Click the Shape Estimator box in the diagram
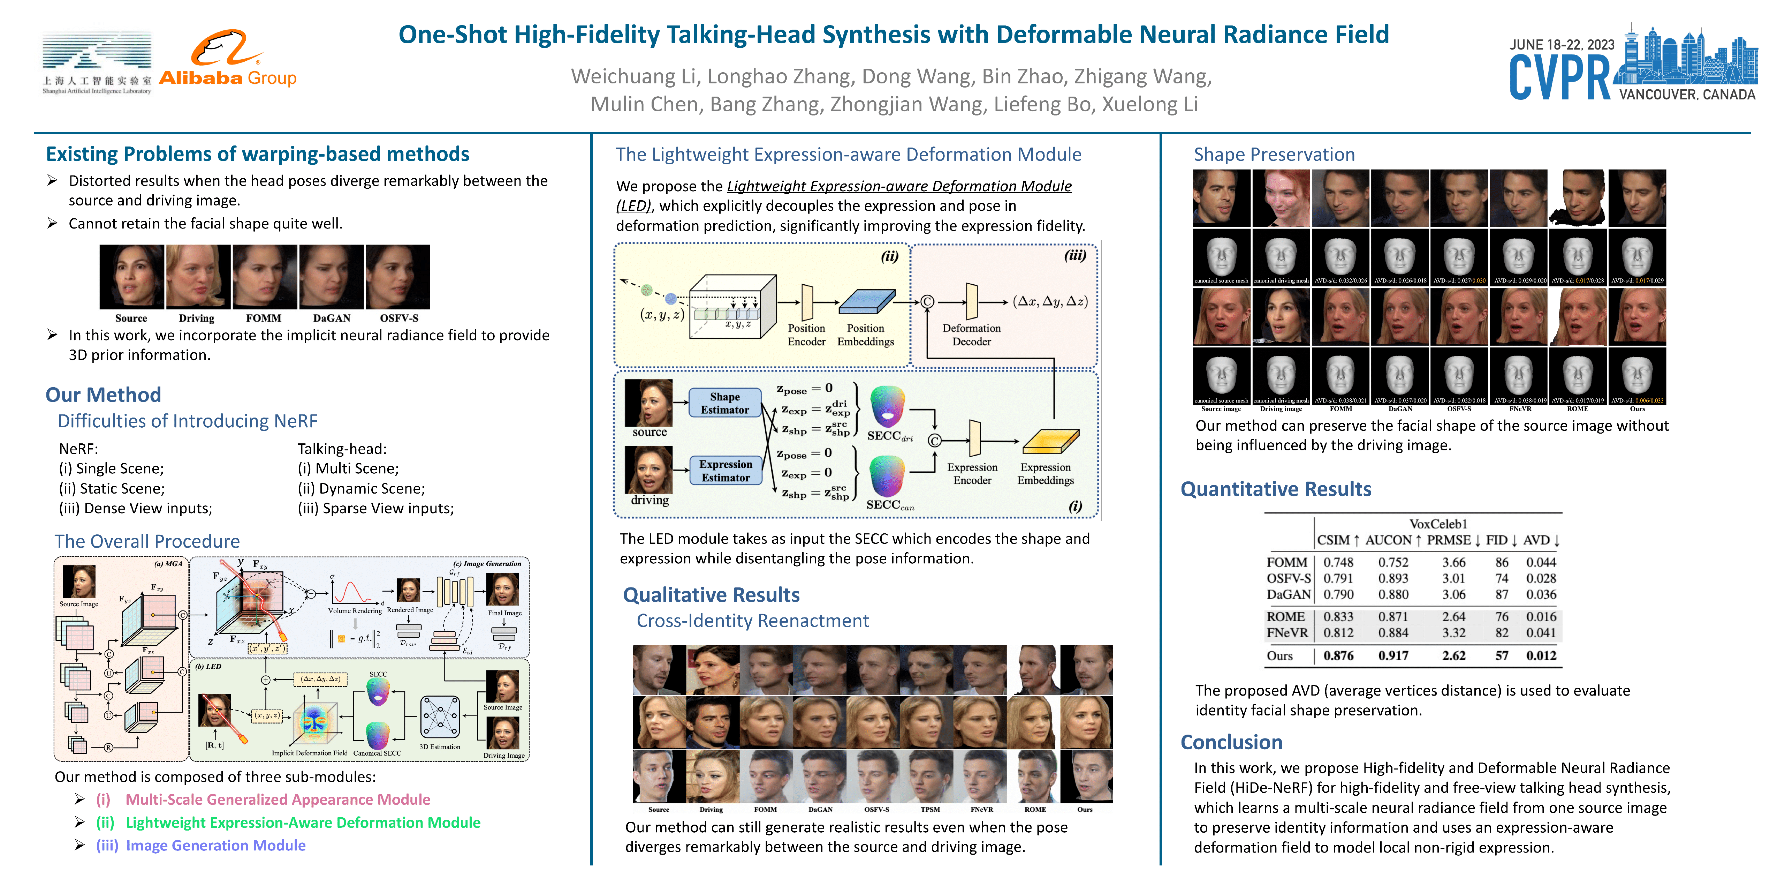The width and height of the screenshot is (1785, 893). click(725, 403)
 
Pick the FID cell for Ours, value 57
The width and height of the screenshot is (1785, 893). click(1502, 655)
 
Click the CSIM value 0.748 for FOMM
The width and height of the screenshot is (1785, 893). click(1338, 562)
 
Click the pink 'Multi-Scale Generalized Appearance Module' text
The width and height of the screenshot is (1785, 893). click(278, 800)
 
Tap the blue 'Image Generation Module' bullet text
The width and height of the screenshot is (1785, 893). click(215, 845)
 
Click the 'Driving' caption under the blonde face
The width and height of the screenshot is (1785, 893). click(197, 318)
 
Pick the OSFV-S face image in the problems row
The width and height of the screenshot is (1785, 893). click(398, 277)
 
